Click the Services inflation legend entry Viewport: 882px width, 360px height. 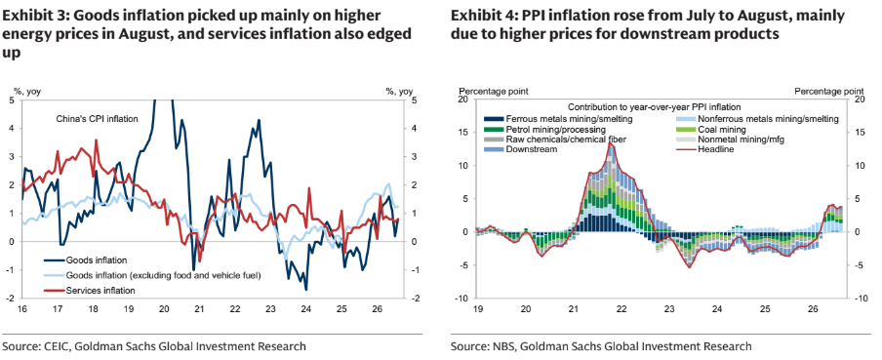(90, 291)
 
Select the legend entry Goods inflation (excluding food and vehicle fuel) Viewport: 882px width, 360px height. (152, 276)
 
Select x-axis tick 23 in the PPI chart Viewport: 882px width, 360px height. (668, 309)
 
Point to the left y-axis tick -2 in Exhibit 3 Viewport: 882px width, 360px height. (12, 299)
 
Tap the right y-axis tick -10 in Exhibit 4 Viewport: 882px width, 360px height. (861, 299)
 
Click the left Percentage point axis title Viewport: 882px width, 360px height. (494, 91)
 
